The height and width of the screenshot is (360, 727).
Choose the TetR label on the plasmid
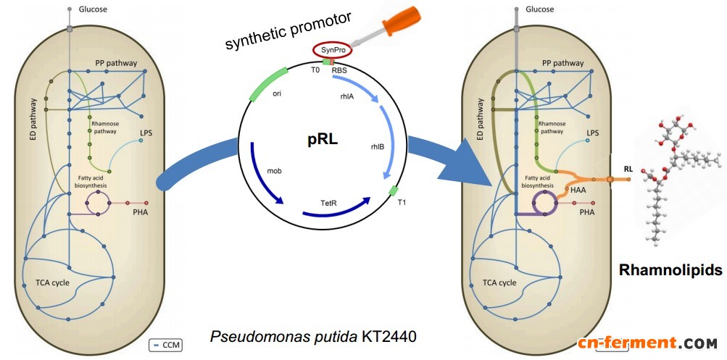(x=330, y=203)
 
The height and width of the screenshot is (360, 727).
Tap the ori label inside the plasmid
(x=276, y=93)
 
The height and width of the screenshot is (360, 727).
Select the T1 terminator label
(x=402, y=203)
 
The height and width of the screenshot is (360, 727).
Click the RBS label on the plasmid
(x=340, y=70)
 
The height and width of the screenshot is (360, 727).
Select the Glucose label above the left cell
(x=94, y=9)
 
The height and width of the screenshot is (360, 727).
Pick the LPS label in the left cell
(x=147, y=133)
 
